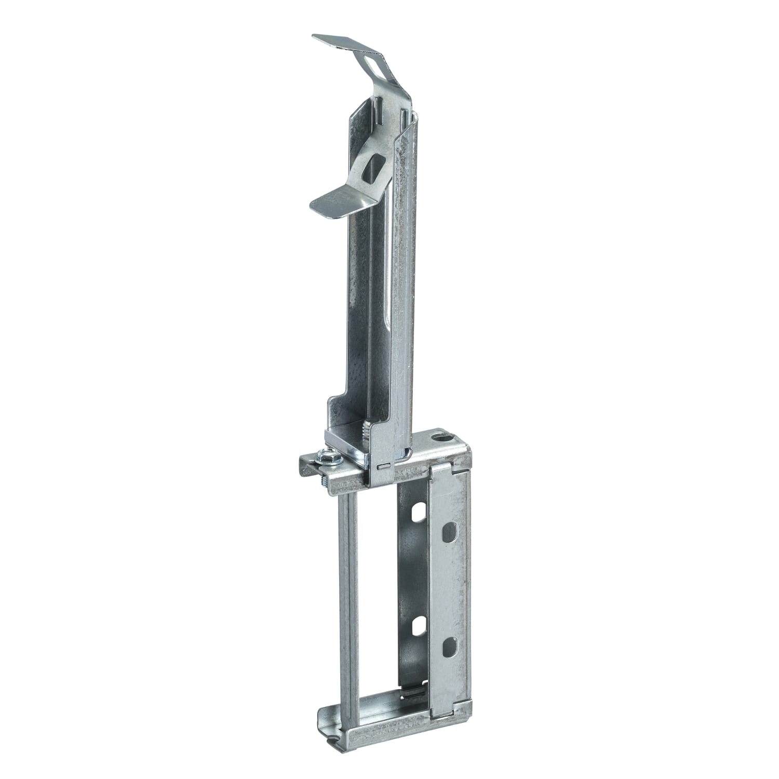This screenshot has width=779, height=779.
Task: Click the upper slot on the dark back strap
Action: (416, 514)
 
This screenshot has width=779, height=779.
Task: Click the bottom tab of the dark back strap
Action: (410, 691)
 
